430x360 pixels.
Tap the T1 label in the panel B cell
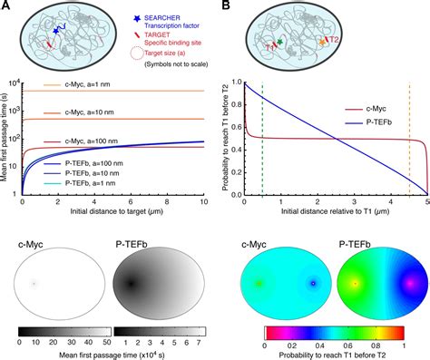[x=269, y=44]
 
